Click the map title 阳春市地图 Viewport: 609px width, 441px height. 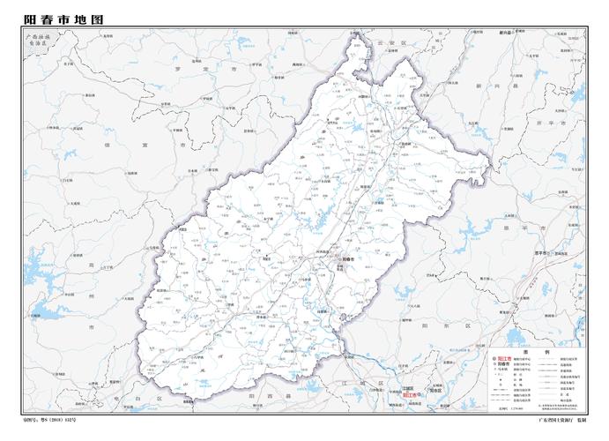pos(63,19)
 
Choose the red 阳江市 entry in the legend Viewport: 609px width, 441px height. pos(505,358)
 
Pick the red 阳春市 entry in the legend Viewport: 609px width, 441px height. pos(503,364)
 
